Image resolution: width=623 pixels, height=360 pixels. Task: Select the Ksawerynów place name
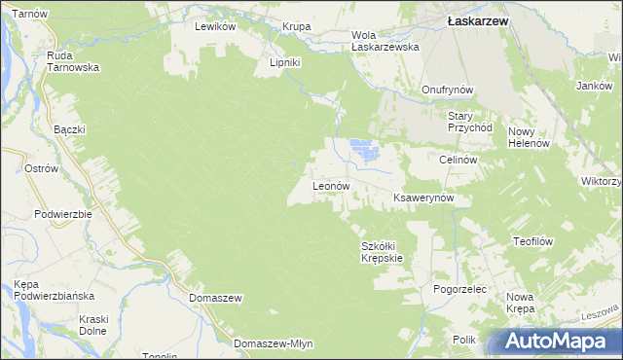(431, 198)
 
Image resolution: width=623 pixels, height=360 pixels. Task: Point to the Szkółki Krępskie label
(382, 251)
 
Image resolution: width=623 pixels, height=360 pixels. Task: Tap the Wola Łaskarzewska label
(385, 40)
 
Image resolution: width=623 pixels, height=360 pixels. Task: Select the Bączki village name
(70, 129)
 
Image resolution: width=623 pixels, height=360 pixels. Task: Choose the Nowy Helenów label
(530, 137)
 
